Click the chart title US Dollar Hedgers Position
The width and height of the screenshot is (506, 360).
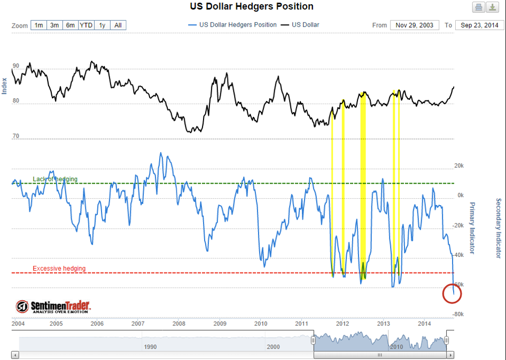click(x=251, y=6)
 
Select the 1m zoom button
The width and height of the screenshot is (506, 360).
click(x=38, y=25)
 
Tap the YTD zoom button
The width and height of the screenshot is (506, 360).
click(x=86, y=25)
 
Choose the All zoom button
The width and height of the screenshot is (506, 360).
click(x=118, y=25)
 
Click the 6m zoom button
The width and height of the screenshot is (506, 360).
click(x=71, y=25)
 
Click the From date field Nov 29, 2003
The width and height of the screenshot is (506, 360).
click(x=414, y=25)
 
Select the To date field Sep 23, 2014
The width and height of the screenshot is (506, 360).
click(x=479, y=25)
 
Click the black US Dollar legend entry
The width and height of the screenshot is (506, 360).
click(x=300, y=25)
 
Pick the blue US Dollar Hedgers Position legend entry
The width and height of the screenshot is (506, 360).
click(x=232, y=25)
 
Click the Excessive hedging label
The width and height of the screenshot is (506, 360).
click(x=59, y=268)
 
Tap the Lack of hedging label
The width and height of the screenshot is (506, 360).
click(x=55, y=179)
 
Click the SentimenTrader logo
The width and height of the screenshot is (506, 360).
click(x=53, y=307)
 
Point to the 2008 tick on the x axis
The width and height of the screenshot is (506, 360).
click(x=179, y=324)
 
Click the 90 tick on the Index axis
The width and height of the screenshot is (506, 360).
click(x=16, y=66)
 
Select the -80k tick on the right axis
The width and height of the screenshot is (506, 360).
click(x=458, y=314)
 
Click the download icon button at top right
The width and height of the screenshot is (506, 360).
click(x=493, y=7)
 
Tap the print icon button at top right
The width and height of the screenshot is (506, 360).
click(x=479, y=7)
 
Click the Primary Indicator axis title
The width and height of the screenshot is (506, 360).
click(x=472, y=228)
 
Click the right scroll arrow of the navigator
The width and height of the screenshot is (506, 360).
click(x=450, y=355)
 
